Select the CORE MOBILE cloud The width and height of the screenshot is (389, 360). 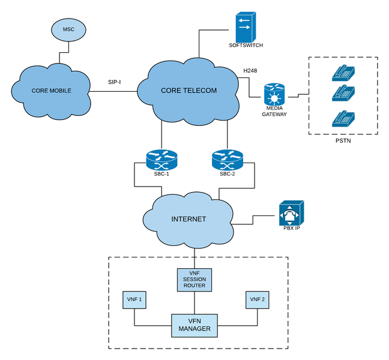[51, 91]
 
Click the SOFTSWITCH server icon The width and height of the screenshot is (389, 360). [245, 27]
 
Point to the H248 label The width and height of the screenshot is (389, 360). [250, 71]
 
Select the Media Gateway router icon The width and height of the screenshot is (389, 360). [274, 95]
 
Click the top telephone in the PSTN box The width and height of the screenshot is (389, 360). [343, 73]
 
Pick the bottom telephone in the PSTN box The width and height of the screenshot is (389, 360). [343, 118]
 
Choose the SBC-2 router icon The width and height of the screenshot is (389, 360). [226, 160]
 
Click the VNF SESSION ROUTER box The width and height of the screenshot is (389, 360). [193, 280]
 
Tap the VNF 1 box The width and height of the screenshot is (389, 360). [134, 299]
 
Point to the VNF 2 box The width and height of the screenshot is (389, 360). [257, 299]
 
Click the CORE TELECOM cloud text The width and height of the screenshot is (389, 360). [188, 91]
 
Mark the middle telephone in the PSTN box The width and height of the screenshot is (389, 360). [343, 94]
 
